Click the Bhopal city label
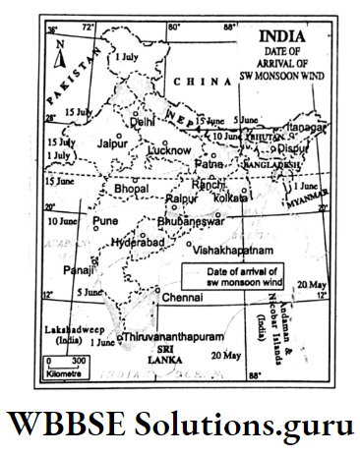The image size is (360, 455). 133,187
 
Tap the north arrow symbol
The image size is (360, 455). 60,57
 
